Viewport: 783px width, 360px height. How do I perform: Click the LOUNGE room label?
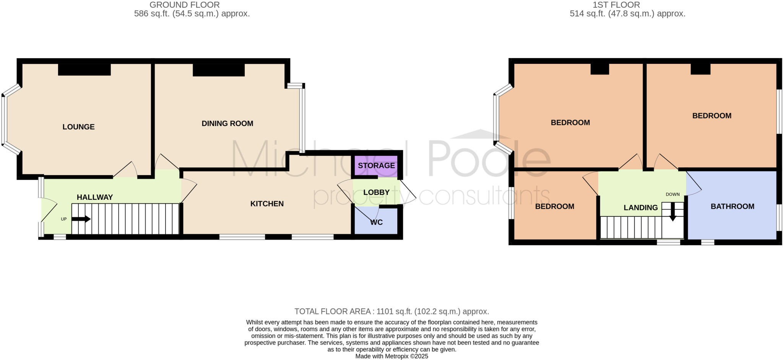tap(78, 127)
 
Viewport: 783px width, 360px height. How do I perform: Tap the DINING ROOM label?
tap(227, 123)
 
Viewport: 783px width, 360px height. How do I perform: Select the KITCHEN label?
tap(267, 204)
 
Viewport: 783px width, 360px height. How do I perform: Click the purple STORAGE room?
tap(376, 165)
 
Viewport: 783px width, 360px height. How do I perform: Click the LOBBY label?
tap(376, 192)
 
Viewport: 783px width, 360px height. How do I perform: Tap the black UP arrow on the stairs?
tap(81, 219)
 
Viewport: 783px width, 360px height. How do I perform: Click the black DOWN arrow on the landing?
tap(673, 216)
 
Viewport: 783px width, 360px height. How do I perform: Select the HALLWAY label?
tap(95, 197)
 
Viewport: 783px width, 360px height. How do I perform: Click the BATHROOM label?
tap(732, 206)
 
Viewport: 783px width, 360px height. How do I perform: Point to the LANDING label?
tap(640, 208)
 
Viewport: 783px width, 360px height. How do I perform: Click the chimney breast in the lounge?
tap(84, 70)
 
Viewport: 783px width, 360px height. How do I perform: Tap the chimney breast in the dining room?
tap(218, 70)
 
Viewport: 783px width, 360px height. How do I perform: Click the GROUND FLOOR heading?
tap(184, 5)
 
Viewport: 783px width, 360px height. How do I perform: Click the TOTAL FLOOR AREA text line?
tap(391, 311)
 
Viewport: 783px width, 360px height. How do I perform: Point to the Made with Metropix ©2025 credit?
tap(391, 356)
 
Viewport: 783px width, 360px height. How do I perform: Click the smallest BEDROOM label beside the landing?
tap(554, 206)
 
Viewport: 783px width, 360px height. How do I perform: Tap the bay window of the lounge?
tap(4, 120)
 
